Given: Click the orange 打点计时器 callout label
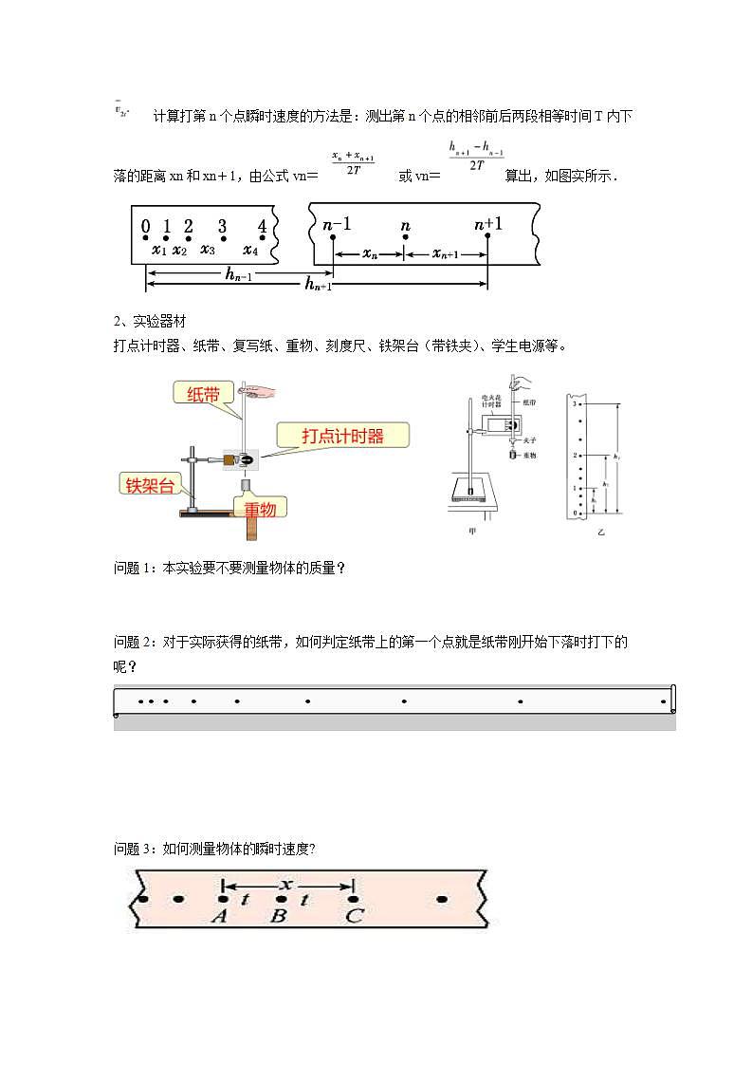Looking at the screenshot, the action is click(343, 436).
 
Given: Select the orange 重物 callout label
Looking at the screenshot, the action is click(260, 510).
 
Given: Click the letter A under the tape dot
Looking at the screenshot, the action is click(219, 916).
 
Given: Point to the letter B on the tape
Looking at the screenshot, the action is click(279, 916).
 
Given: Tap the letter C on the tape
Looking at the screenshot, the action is click(353, 916).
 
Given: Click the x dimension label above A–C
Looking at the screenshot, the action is click(286, 884).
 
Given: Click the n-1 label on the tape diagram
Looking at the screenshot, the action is click(336, 225).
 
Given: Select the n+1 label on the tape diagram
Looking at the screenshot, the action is click(488, 224).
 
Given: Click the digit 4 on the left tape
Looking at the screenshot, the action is click(263, 226).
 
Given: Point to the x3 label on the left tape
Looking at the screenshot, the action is click(207, 250).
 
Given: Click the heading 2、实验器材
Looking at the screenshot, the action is click(156, 322).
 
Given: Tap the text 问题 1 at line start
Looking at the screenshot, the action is click(133, 568).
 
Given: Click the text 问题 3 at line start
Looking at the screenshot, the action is click(133, 849).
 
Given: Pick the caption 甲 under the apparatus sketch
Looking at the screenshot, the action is click(472, 532).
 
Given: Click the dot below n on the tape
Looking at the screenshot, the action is click(405, 237).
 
